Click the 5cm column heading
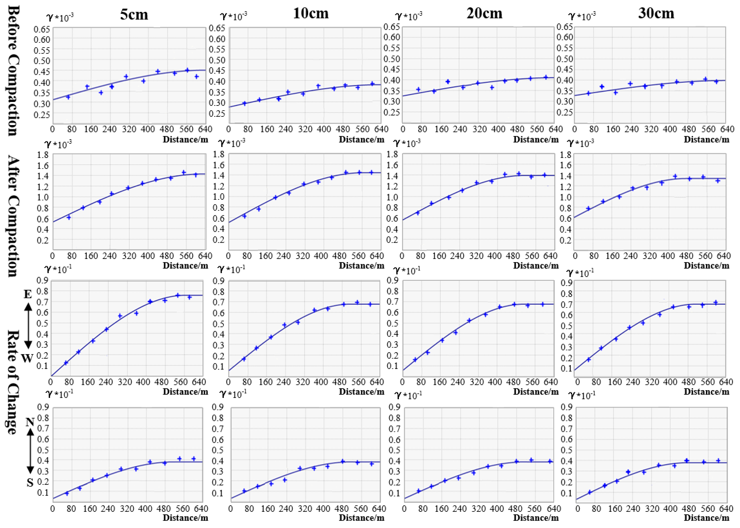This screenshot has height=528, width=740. (x=134, y=15)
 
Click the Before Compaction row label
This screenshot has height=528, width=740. (x=13, y=71)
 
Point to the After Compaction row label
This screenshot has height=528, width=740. (x=13, y=216)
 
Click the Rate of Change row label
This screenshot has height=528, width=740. (x=13, y=382)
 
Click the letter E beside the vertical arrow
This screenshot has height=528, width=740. (x=28, y=294)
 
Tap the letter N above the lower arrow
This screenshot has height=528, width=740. (x=30, y=422)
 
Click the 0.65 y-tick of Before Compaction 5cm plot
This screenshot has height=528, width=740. (x=42, y=29)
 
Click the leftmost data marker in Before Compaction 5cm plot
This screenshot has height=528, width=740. (x=68, y=97)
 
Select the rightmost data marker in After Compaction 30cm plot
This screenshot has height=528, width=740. (x=718, y=180)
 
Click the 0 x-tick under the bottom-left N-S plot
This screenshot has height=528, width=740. (x=53, y=509)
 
